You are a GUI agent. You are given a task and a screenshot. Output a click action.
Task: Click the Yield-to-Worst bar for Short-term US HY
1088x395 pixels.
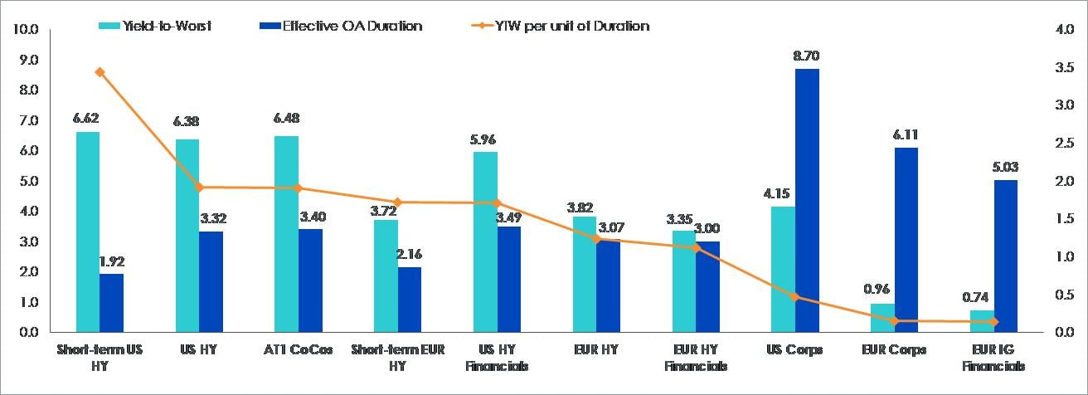point(87,232)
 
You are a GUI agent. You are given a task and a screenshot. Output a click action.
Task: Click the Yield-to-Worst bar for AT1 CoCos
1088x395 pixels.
point(286,234)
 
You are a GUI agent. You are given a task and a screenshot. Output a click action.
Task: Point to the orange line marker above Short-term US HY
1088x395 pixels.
point(100,72)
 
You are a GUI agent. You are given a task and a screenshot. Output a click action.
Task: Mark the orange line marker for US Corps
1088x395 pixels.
point(795,297)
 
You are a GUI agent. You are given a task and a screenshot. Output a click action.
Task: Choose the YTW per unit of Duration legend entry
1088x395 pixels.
point(572,27)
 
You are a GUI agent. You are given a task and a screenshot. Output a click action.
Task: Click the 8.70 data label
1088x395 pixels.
point(807,56)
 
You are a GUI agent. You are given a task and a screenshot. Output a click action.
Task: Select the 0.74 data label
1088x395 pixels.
point(982,296)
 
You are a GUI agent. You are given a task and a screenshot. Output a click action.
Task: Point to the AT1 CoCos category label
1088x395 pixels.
point(298,349)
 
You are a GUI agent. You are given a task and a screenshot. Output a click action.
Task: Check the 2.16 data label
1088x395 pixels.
point(410,253)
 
